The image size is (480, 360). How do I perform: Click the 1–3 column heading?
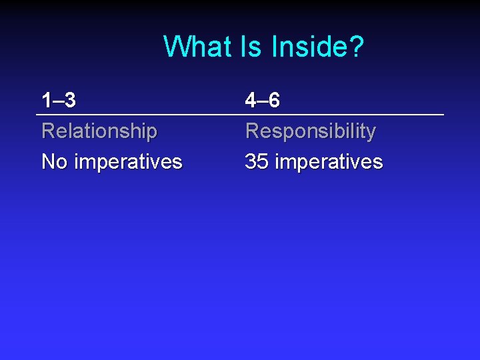pos(59,101)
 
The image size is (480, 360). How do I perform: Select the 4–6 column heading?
pos(263,101)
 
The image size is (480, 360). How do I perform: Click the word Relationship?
pos(99,131)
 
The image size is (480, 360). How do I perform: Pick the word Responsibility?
pos(311,131)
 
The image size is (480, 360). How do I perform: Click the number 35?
pos(257,162)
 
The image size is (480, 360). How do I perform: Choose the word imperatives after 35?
pos(329,162)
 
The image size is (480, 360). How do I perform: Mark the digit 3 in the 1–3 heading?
pos(70,101)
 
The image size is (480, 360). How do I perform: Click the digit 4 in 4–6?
pos(251,101)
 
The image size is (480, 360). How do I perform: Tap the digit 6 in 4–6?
pos(274,101)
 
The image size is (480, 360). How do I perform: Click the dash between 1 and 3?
pos(58,101)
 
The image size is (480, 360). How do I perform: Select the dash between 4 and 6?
pos(262,101)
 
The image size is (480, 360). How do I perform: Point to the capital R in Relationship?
pos(48,131)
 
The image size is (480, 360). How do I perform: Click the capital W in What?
pos(175,47)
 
